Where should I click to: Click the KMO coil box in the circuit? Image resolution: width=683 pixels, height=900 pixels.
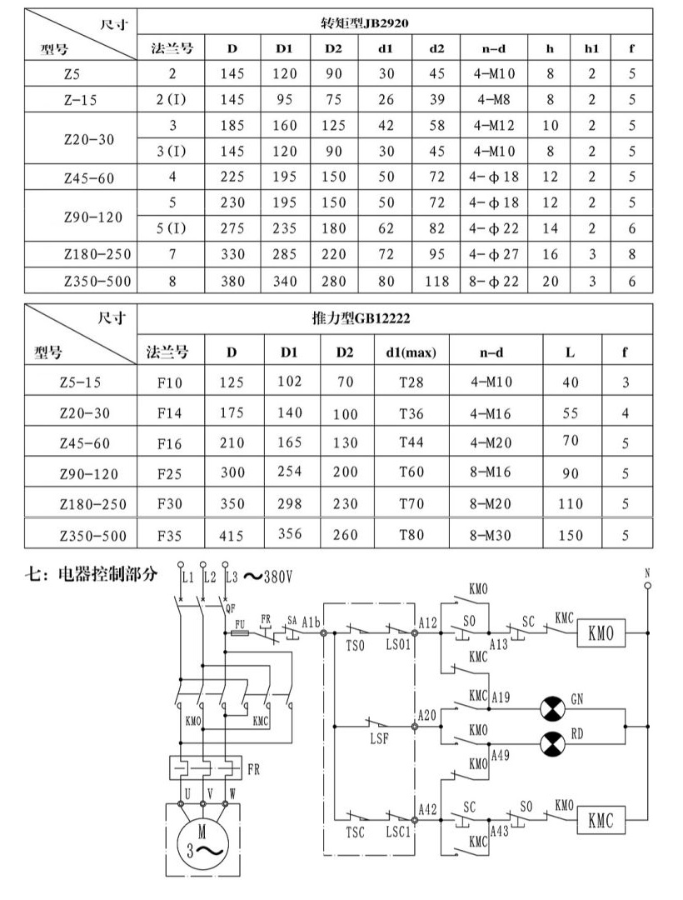pos(601,633)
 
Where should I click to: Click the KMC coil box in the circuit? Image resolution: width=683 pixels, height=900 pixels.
pos(601,820)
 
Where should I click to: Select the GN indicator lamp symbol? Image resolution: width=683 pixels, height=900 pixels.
pos(553,708)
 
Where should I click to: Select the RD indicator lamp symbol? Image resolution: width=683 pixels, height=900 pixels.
pos(553,744)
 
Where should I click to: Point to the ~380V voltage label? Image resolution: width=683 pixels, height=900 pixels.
pos(268,577)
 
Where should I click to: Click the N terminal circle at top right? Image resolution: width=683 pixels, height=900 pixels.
pos(647,586)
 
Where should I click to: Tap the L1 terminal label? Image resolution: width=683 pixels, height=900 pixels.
pos(187,577)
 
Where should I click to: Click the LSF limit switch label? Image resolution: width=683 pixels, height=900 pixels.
pos(380,738)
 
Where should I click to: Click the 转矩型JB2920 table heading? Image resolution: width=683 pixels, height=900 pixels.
pos(366,23)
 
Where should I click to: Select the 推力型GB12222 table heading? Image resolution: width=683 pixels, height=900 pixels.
pos(361,318)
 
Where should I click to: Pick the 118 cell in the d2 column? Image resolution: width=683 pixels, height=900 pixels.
pos(437,282)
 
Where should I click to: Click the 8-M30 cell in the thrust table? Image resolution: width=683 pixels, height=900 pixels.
pos(491,535)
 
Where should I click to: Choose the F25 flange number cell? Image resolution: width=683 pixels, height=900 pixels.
pos(170,474)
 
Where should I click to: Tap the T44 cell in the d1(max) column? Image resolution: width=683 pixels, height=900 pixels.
pos(411,442)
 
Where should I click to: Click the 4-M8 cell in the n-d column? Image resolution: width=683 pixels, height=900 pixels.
pos(494,99)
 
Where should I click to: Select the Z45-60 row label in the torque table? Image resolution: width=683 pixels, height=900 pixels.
pos(89,178)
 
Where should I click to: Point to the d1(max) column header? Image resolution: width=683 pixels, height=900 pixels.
pos(411,352)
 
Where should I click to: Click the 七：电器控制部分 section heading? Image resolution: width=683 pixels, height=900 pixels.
pos(91,574)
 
